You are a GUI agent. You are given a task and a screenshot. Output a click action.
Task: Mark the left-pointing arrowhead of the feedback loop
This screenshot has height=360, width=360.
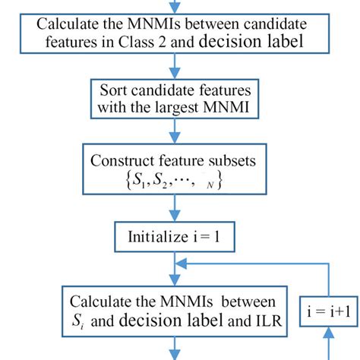pyautogui.click(x=182, y=264)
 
